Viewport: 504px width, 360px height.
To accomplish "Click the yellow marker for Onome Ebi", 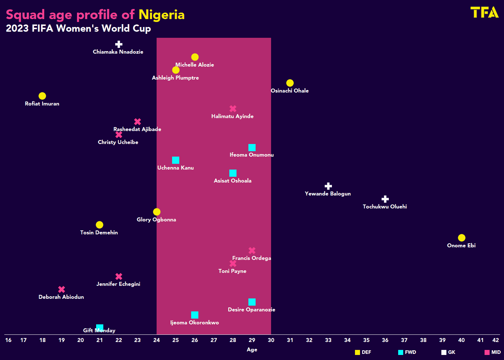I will pyautogui.click(x=462, y=238).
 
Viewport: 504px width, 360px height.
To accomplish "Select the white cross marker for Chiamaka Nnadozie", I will pyautogui.click(x=119, y=44).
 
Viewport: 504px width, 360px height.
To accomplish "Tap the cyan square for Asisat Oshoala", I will pyautogui.click(x=233, y=173).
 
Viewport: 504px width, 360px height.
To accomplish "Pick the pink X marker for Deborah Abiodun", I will pyautogui.click(x=62, y=289).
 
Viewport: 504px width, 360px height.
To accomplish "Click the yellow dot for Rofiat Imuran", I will pyautogui.click(x=42, y=96).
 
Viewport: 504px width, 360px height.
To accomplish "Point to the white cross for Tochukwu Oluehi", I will pyautogui.click(x=385, y=199).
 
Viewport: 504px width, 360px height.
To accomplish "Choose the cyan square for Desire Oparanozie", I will pyautogui.click(x=252, y=302).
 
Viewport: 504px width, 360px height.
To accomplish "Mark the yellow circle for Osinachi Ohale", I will pyautogui.click(x=290, y=83).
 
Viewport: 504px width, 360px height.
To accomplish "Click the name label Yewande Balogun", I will pyautogui.click(x=328, y=194).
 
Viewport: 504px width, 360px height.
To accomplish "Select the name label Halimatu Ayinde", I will pyautogui.click(x=232, y=116).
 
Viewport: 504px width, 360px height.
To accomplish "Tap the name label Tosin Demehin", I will pyautogui.click(x=99, y=233).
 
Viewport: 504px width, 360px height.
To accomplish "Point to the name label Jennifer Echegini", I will pyautogui.click(x=118, y=284).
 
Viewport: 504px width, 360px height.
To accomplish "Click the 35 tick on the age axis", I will pyautogui.click(x=366, y=340).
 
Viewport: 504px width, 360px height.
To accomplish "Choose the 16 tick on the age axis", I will pyautogui.click(x=8, y=340).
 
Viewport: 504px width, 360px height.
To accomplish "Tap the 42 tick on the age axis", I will pyautogui.click(x=496, y=340).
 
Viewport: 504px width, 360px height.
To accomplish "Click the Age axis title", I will pyautogui.click(x=252, y=350).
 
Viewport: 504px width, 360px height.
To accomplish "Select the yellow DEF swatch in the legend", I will pyautogui.click(x=357, y=352).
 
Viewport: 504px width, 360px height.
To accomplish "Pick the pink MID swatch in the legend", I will pyautogui.click(x=487, y=352).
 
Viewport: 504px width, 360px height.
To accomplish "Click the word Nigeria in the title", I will pyautogui.click(x=161, y=15).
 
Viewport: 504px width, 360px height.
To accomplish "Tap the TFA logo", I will pyautogui.click(x=484, y=12).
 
